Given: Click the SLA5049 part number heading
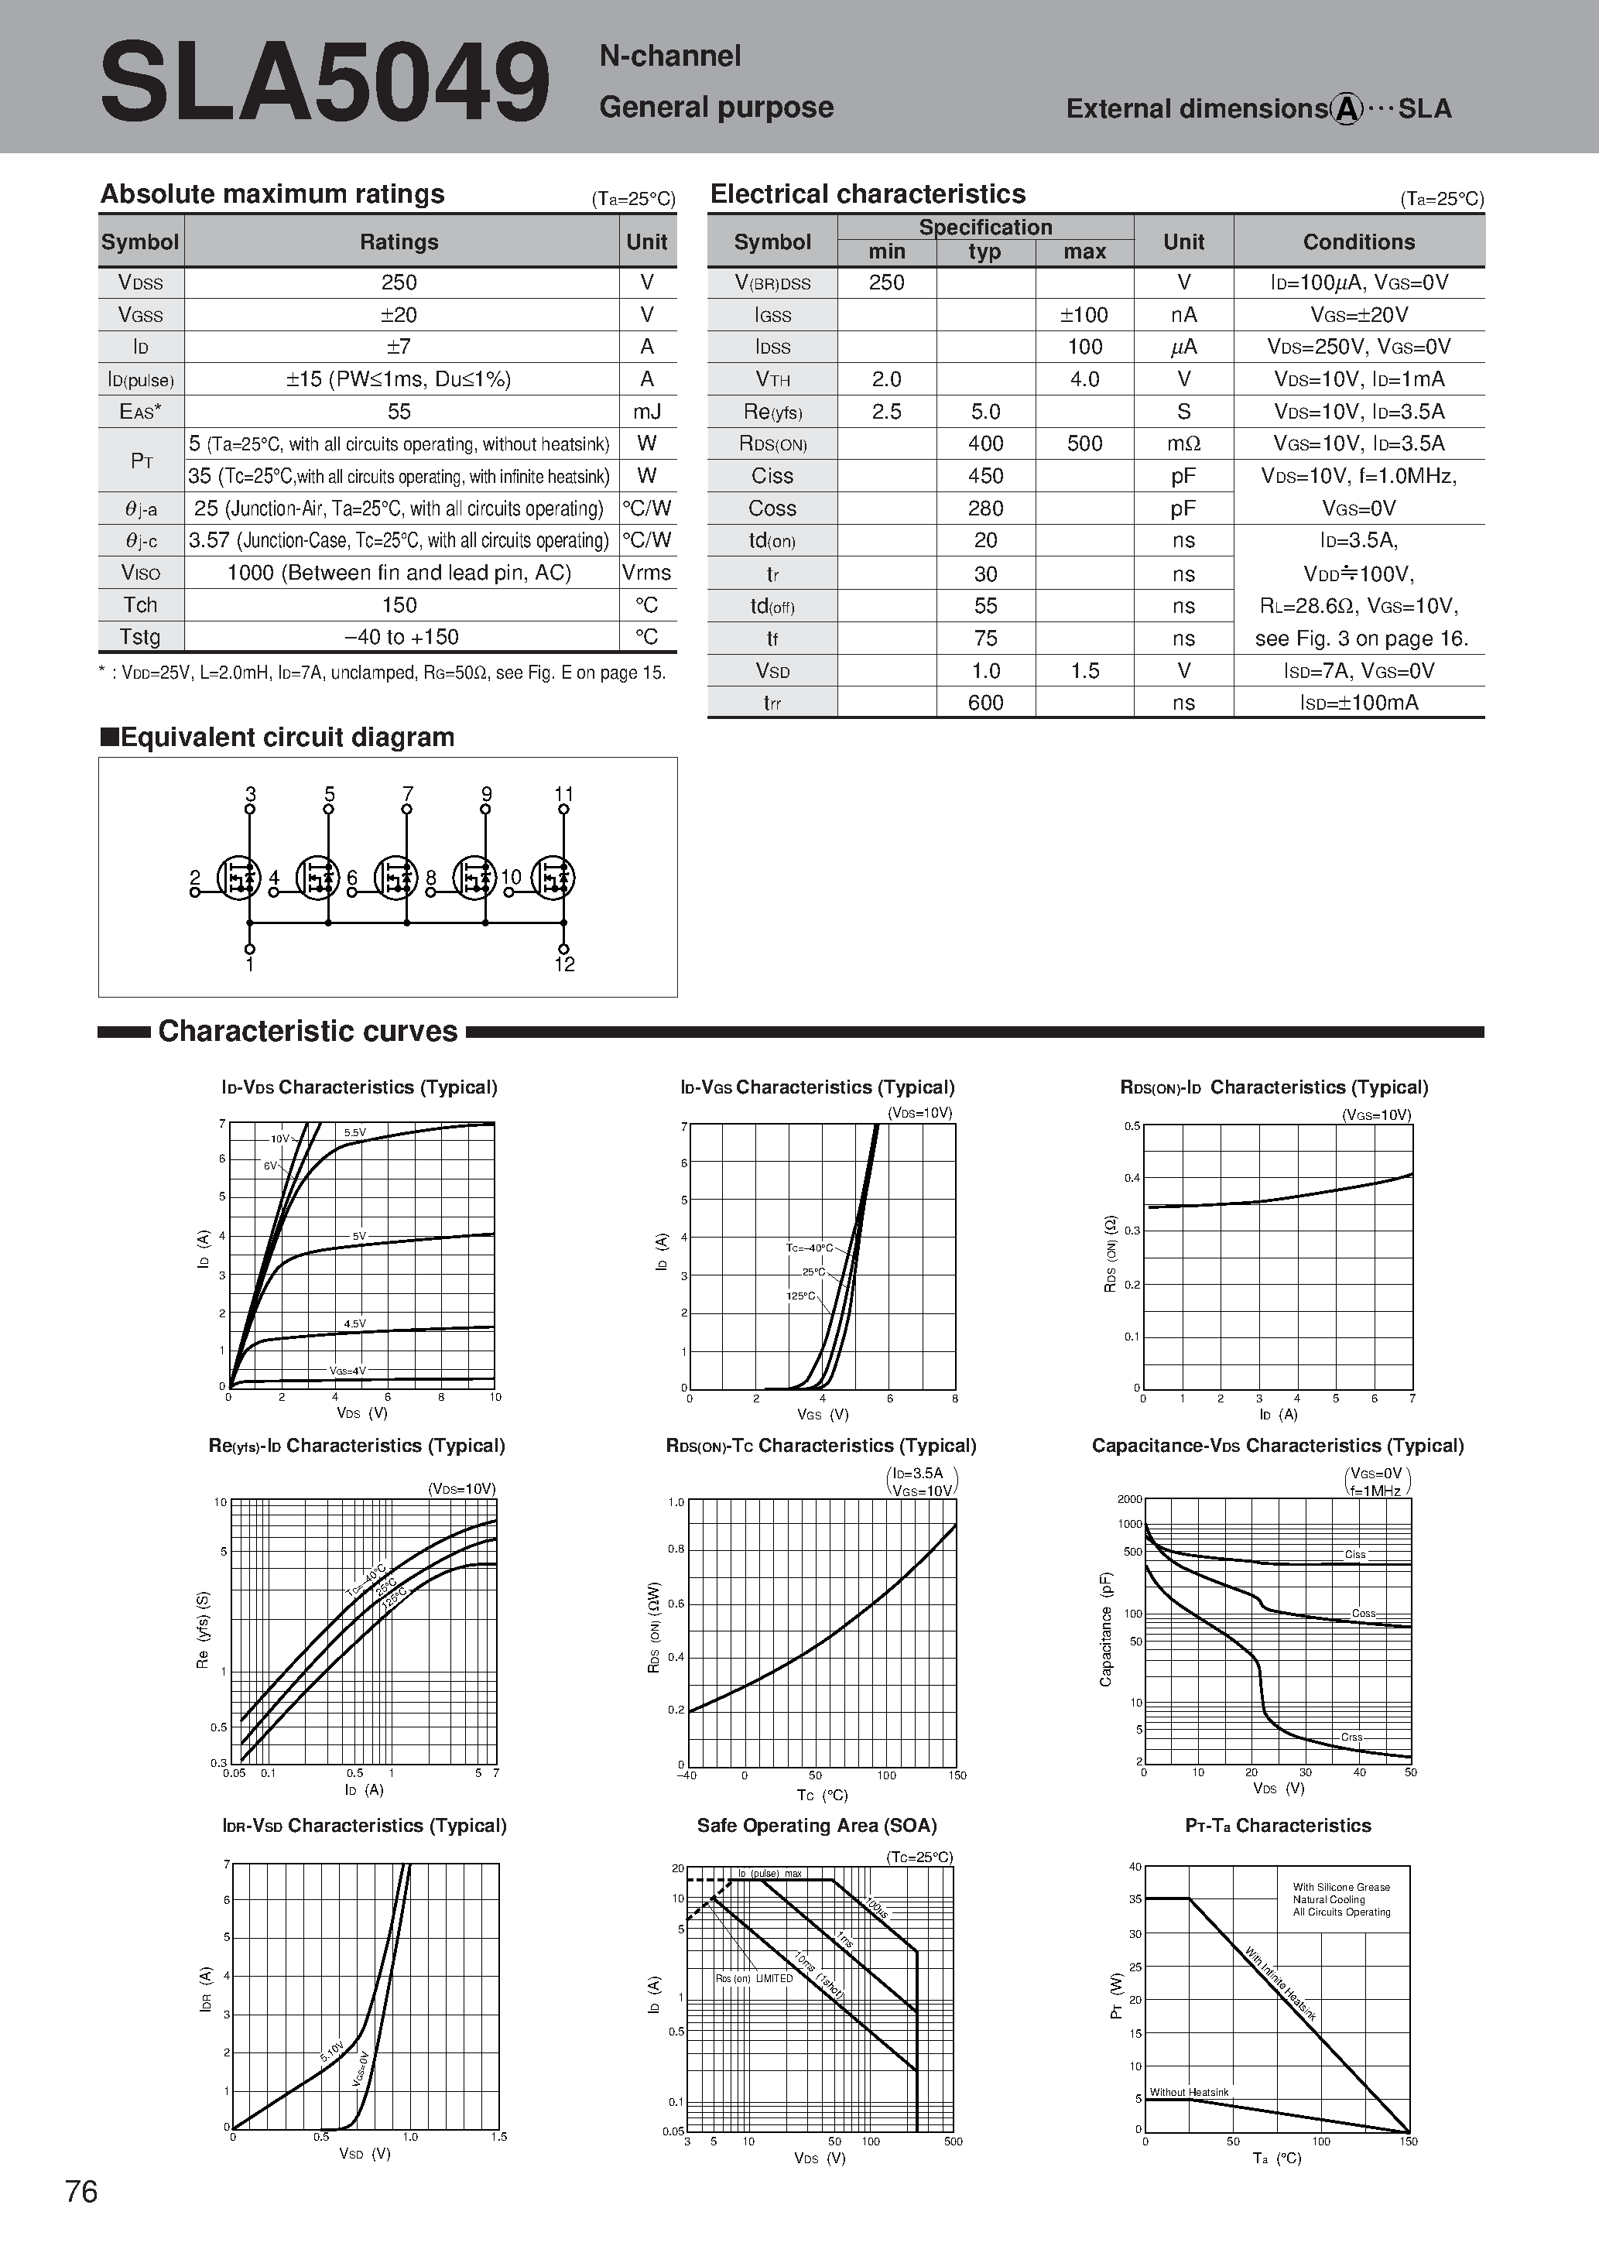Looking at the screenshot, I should click(x=325, y=84).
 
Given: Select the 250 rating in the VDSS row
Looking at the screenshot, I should click(x=399, y=283).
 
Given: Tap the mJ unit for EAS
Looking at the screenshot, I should click(x=647, y=412).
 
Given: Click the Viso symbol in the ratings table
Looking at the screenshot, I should click(x=141, y=573).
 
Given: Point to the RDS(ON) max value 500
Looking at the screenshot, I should click(x=1084, y=443).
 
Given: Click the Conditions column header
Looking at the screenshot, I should click(x=1358, y=241).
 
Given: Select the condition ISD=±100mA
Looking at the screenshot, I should click(x=1358, y=703).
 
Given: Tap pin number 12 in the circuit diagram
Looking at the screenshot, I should click(x=565, y=965).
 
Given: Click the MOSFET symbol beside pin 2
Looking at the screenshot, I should click(x=238, y=876).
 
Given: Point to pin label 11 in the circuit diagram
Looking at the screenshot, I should click(x=564, y=793).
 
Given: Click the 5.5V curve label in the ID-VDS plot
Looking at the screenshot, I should click(x=355, y=1132).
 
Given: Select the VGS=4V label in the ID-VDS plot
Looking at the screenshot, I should click(x=347, y=1370).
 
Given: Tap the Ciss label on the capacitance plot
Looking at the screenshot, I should click(x=1355, y=1554).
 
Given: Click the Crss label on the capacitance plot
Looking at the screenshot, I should click(x=1351, y=1737).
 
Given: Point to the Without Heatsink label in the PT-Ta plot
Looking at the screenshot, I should click(x=1189, y=2091).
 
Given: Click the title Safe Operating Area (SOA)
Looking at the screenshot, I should click(x=817, y=1826).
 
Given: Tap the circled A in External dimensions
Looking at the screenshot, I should click(x=1347, y=108).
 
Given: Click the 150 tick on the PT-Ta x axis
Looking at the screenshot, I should click(x=1408, y=2141).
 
